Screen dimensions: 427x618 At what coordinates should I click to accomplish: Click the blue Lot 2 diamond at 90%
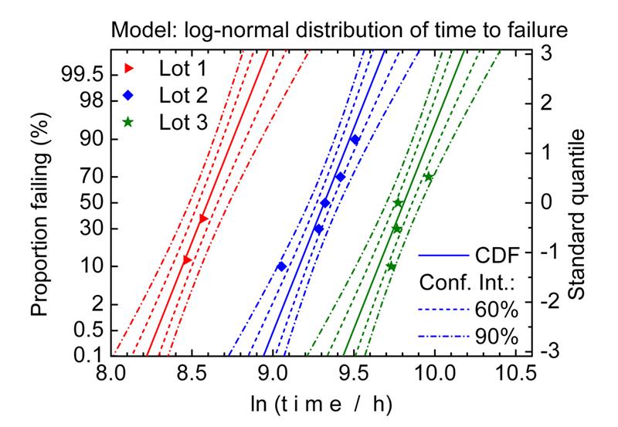(355, 140)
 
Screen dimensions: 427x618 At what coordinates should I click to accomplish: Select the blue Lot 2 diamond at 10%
(281, 266)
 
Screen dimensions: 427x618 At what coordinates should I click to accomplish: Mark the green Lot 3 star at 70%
(429, 177)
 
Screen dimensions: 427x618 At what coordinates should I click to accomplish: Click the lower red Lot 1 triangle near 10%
(187, 260)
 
